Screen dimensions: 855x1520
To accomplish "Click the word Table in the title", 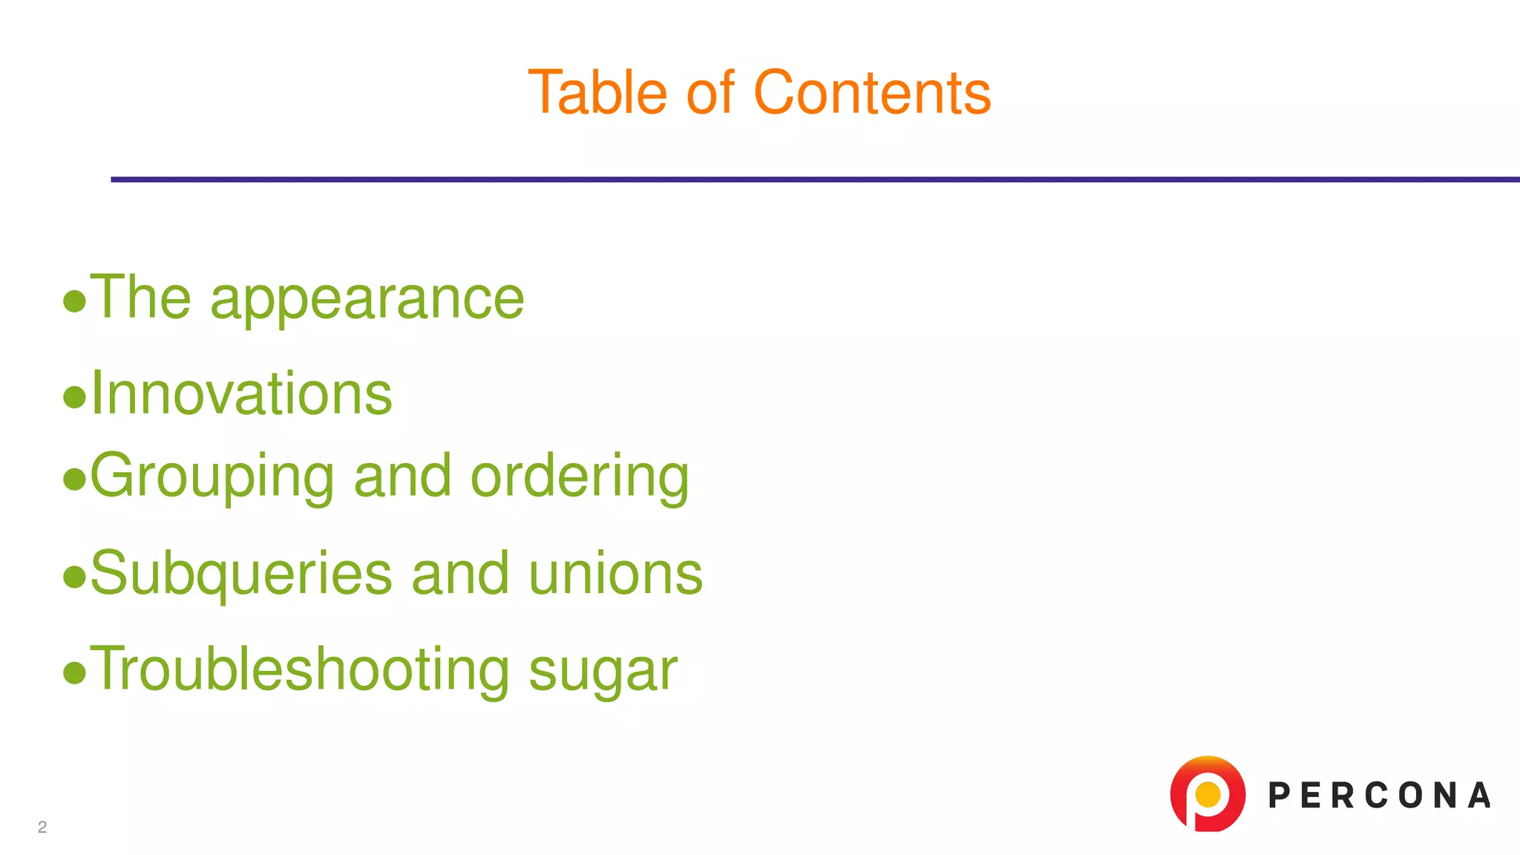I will coord(597,93).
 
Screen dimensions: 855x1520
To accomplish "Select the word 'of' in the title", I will coord(710,93).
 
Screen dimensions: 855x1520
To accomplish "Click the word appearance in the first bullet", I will coord(367,299).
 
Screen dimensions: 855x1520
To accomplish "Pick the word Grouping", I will coord(212,477).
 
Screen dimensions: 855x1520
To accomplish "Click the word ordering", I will coord(580,477).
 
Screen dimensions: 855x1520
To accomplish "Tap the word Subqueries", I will coord(241,574).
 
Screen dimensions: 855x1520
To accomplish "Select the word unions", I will coord(615,574).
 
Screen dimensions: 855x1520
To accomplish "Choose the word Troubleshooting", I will coord(300,670).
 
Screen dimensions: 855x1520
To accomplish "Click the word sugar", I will coord(603,672).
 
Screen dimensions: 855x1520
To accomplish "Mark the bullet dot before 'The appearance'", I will coord(74,301).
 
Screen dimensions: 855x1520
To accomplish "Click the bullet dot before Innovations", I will coord(74,397).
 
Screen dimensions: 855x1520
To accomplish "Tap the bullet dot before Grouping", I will coord(74,479).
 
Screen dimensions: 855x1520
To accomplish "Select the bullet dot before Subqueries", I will coord(74,577).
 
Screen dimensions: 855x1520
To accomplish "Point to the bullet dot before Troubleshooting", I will coord(74,673).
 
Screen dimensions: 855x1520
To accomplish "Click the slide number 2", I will coord(42,827).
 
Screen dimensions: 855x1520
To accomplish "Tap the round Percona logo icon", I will coord(1208,793).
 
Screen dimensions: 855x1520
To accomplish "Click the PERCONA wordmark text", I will coord(1379,796).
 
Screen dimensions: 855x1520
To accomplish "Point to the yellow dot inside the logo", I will coord(1208,794).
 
